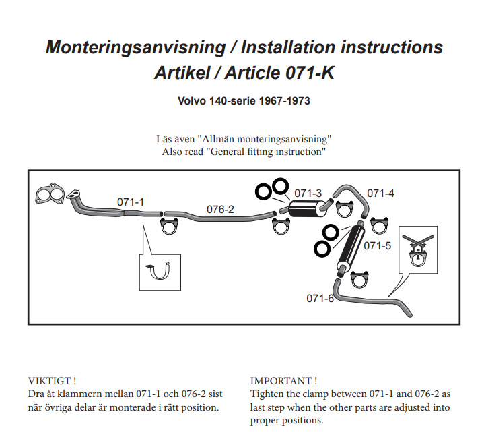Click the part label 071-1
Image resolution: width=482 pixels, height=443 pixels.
click(x=131, y=202)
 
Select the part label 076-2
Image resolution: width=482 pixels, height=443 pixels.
click(x=220, y=209)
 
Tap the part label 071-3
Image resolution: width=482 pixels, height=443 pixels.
click(x=308, y=193)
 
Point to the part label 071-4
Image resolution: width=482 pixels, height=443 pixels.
click(x=380, y=193)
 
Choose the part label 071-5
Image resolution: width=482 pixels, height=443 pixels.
click(x=377, y=245)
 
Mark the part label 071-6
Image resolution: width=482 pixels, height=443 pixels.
click(x=320, y=298)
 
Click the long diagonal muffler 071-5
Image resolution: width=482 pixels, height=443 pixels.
click(x=351, y=249)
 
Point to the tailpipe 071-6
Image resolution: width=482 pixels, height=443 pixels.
click(x=372, y=299)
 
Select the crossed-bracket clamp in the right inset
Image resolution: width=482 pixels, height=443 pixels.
click(x=418, y=250)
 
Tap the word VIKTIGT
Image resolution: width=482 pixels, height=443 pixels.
click(x=50, y=381)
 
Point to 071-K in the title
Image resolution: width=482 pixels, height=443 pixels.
click(x=310, y=73)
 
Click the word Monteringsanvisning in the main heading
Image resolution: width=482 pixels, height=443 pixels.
click(x=135, y=47)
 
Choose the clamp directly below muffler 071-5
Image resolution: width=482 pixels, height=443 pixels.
click(x=359, y=280)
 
